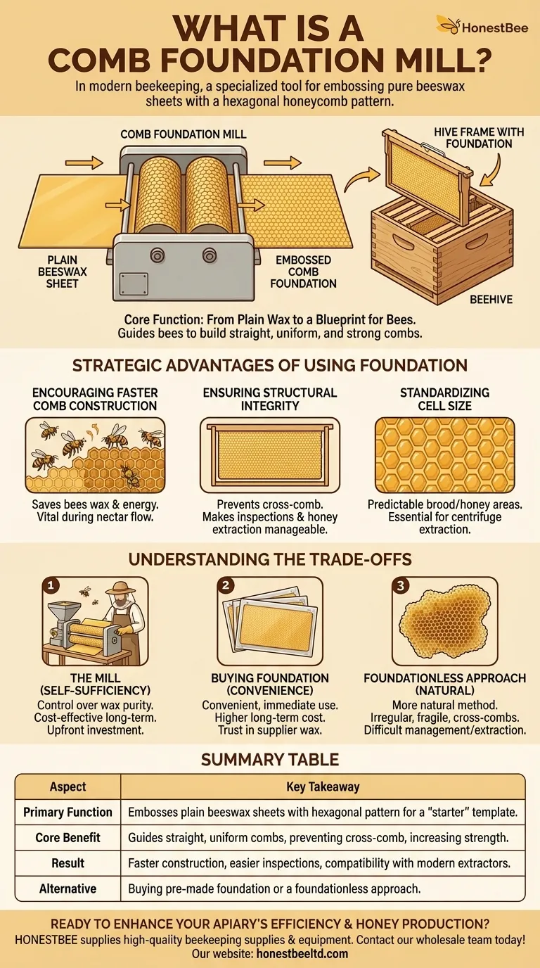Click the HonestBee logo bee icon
tap(448, 25)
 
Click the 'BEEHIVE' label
tap(491, 299)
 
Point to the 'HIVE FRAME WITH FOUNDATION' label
tap(473, 137)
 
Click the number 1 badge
tap(51, 585)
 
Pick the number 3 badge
tap(399, 585)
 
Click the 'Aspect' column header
tap(67, 787)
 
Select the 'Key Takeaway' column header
tap(323, 787)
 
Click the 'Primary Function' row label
tap(67, 813)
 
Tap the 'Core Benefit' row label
tap(67, 838)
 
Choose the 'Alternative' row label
tap(67, 889)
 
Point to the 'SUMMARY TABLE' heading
tap(270, 760)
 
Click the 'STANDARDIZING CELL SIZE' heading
tap(444, 400)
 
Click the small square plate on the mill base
tap(131, 283)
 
